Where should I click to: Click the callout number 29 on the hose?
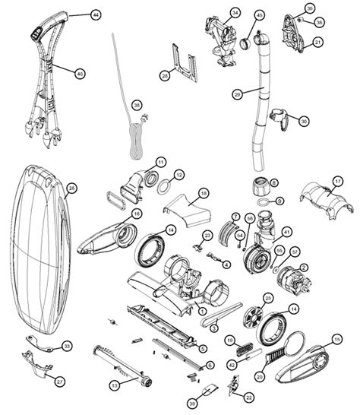coord(238,94)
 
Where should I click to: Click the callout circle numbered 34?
coord(235,13)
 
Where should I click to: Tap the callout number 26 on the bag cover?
coord(71,188)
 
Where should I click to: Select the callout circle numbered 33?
coord(67,346)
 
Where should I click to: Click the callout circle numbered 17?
coord(338,180)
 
